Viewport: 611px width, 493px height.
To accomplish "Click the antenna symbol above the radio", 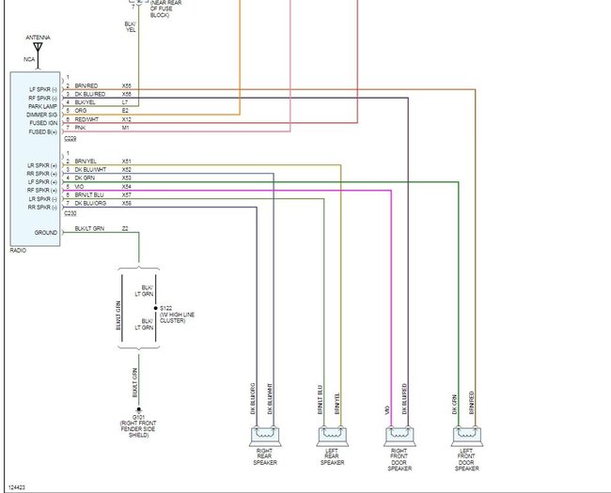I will pyautogui.click(x=38, y=48).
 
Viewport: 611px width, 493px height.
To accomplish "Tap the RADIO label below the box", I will pyautogui.click(x=19, y=251).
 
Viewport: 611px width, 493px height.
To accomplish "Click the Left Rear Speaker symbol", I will pyautogui.click(x=333, y=435).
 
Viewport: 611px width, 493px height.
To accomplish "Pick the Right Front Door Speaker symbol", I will pyautogui.click(x=401, y=435).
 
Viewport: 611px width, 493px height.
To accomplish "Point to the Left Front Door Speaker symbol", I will pyautogui.click(x=467, y=435).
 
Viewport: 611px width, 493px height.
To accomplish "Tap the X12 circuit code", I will pyautogui.click(x=126, y=119).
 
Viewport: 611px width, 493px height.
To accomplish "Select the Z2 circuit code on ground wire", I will pyautogui.click(x=125, y=228).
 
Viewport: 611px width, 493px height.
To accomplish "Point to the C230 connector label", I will pyautogui.click(x=70, y=213).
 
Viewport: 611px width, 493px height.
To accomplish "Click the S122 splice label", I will pyautogui.click(x=165, y=307).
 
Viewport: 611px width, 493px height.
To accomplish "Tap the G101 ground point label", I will pyautogui.click(x=138, y=417).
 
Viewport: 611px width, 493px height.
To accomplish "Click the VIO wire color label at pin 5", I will pyautogui.click(x=79, y=186).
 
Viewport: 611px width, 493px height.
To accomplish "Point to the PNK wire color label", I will pyautogui.click(x=80, y=128).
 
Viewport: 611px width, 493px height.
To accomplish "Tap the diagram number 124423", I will pyautogui.click(x=17, y=486).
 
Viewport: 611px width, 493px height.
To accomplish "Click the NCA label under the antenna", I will pyautogui.click(x=29, y=59).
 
